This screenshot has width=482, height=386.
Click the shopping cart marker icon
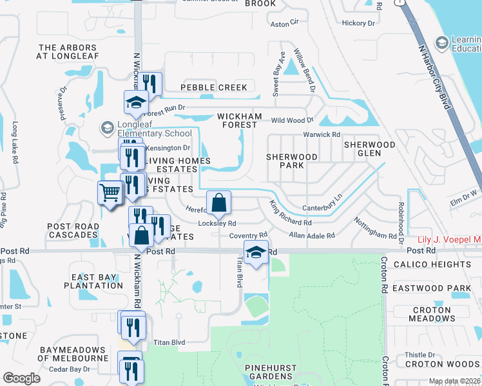tap(110, 192)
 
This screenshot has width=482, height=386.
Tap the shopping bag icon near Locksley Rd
tap(218, 203)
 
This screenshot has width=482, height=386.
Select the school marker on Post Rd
tap(256, 253)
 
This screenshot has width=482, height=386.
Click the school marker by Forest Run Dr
tap(136, 102)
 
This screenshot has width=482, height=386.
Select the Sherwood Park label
tap(291, 161)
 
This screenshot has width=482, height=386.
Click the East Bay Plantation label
tap(93, 281)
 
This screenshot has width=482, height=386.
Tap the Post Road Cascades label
tap(72, 230)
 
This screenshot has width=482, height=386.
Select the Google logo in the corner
tap(22, 378)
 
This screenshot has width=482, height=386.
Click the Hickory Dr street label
tap(358, 23)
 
